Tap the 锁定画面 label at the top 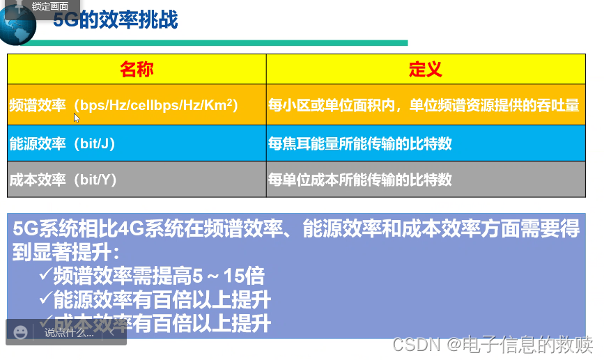(x=50, y=6)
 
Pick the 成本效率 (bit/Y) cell (x=62, y=179)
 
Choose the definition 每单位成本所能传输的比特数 (x=360, y=179)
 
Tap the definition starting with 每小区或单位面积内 (x=424, y=105)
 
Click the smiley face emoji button (x=21, y=332)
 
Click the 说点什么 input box (x=70, y=333)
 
